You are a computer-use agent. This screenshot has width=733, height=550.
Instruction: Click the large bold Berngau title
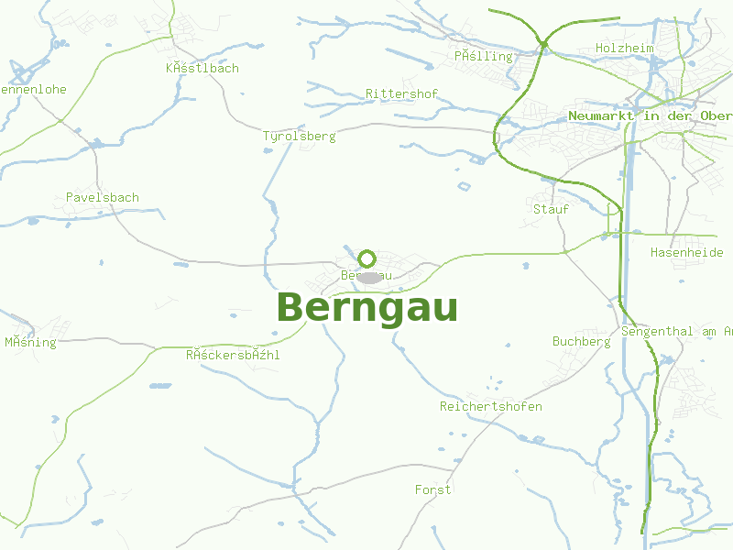(x=366, y=309)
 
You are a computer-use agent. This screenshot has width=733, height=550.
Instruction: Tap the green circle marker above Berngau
(x=367, y=258)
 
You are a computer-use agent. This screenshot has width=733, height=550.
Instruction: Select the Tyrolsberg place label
(x=299, y=137)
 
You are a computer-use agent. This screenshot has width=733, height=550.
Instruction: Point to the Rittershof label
(x=401, y=94)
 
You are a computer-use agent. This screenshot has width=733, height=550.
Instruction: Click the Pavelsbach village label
(x=103, y=197)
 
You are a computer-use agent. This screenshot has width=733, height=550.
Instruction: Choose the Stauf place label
(x=551, y=209)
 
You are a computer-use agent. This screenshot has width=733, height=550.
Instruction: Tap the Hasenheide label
(x=686, y=252)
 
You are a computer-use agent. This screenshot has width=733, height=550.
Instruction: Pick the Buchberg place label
(x=581, y=342)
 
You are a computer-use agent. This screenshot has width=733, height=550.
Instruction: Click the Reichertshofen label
(x=490, y=406)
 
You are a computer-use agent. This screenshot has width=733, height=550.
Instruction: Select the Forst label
(x=432, y=490)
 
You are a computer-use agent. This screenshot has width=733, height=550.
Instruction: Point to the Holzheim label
(x=624, y=48)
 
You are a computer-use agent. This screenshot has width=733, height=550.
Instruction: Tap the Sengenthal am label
(x=676, y=331)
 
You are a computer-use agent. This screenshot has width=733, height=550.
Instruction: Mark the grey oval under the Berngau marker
(x=368, y=277)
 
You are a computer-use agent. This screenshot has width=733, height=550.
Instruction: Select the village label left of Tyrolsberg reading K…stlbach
(x=202, y=69)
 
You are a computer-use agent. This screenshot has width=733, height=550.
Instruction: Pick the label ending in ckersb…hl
(x=233, y=355)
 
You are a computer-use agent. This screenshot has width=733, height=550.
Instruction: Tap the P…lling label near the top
(x=483, y=57)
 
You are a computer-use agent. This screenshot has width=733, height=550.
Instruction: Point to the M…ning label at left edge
(x=30, y=343)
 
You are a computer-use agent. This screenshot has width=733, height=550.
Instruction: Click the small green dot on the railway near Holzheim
(x=543, y=44)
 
